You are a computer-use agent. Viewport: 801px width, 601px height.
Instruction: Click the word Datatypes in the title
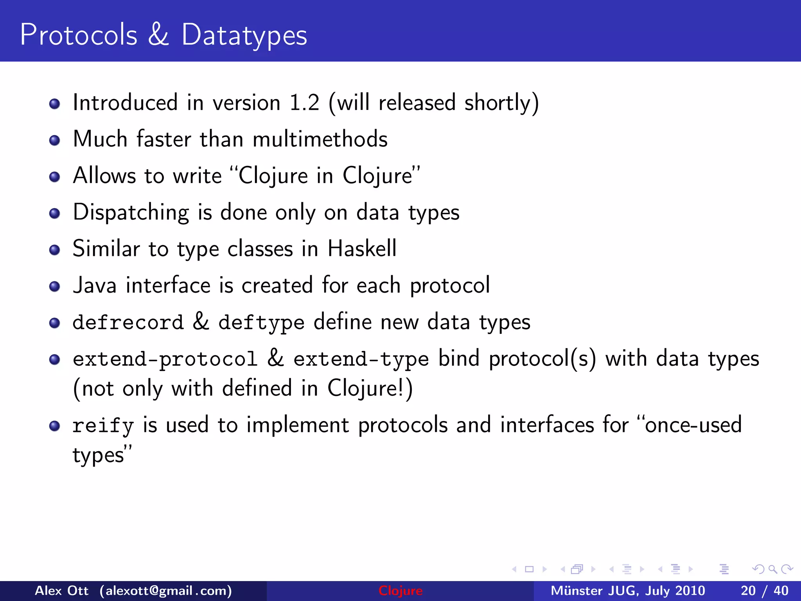(244, 35)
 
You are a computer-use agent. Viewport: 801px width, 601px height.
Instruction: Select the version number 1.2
(304, 103)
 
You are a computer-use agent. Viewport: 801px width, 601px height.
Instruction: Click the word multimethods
(320, 139)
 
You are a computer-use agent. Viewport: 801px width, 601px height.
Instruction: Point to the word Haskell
(362, 248)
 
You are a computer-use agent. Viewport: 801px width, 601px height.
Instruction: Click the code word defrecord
(128, 322)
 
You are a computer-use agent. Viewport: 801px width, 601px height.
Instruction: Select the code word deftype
(261, 323)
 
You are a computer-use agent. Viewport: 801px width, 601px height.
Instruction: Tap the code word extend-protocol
(165, 359)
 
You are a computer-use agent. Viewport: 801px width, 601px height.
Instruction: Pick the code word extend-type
(361, 359)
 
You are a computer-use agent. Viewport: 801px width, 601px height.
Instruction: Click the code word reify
(103, 426)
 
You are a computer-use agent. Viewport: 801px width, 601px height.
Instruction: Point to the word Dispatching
(131, 213)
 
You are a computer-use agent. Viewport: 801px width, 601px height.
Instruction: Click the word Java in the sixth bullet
(95, 285)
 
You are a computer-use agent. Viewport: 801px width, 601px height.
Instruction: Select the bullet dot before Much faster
(55, 140)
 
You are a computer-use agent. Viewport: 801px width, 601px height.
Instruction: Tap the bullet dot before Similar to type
(55, 250)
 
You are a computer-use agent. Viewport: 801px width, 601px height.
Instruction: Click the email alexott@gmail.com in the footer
(165, 590)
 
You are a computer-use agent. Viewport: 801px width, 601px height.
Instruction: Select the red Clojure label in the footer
(400, 590)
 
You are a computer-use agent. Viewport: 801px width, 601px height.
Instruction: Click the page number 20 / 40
(764, 590)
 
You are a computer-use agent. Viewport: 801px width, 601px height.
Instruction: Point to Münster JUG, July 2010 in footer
(628, 590)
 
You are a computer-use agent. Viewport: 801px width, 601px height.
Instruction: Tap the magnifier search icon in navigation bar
(772, 569)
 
